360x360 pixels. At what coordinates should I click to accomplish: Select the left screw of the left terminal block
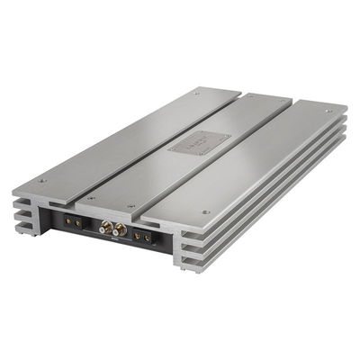click(x=68, y=220)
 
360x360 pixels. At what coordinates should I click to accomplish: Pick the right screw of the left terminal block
click(x=78, y=222)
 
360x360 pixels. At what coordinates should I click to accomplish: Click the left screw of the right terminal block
click(x=136, y=238)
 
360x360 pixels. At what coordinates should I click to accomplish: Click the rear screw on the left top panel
click(x=196, y=91)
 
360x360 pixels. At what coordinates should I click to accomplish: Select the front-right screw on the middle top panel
click(x=133, y=206)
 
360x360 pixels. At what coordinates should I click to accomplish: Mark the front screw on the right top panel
click(x=207, y=212)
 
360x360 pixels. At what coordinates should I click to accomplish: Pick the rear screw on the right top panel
click(x=327, y=112)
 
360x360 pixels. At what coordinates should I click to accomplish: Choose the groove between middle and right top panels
click(x=225, y=157)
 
